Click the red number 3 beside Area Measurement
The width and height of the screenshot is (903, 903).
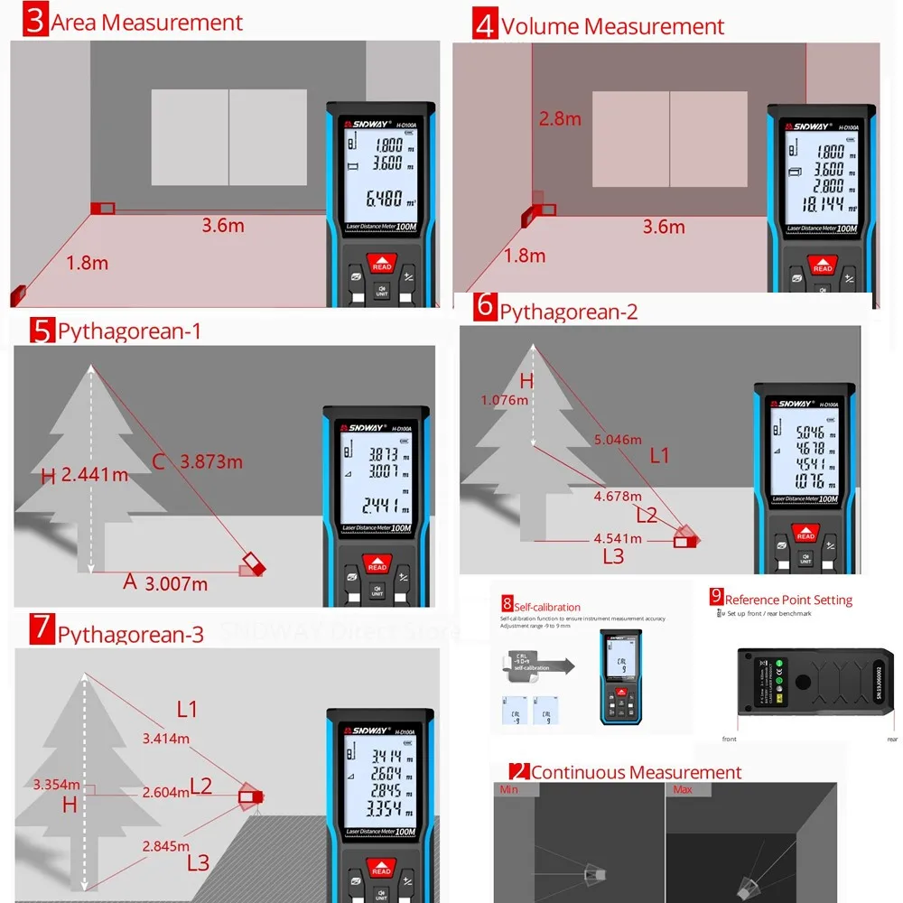[35, 20]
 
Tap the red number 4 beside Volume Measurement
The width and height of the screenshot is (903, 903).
[485, 24]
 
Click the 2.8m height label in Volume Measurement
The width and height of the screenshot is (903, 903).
[560, 118]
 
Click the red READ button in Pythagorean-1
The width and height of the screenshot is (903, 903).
[377, 565]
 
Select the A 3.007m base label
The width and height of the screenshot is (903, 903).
[165, 582]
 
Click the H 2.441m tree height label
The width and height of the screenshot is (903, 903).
[85, 475]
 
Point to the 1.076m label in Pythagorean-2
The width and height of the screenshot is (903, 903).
[504, 400]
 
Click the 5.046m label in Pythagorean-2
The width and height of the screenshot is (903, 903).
[618, 440]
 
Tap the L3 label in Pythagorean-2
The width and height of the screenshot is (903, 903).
[613, 556]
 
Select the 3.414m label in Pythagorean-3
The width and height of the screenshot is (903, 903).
[166, 738]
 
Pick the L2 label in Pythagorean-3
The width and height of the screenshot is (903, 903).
[200, 786]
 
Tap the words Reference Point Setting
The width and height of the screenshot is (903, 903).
[788, 600]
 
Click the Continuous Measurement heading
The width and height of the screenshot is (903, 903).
[636, 772]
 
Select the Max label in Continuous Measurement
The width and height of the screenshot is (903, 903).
[681, 790]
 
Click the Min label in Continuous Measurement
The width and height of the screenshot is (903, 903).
[509, 790]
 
